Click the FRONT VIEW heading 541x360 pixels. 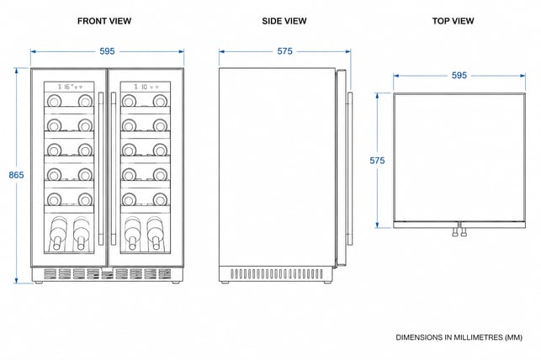tap(104, 21)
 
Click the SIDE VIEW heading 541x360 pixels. tap(284, 21)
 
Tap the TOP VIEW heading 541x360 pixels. tap(453, 21)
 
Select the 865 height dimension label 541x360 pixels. tap(16, 175)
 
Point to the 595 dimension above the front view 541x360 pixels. tap(107, 51)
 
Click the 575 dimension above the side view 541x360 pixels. tap(284, 51)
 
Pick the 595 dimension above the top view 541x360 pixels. tap(459, 76)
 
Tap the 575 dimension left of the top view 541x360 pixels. tap(377, 161)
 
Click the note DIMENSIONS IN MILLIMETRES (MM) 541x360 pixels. tap(459, 337)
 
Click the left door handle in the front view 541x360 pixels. tap(101, 168)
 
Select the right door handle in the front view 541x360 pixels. tap(114, 168)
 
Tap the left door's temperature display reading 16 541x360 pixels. tap(66, 87)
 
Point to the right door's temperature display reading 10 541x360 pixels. tap(144, 87)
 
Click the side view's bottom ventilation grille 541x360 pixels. tap(277, 274)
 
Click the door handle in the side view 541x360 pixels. tap(350, 168)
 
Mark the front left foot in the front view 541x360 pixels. tap(39, 283)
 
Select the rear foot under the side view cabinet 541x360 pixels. tap(225, 283)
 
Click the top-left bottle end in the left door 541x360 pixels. tap(54, 101)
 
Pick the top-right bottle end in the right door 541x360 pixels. tap(160, 101)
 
